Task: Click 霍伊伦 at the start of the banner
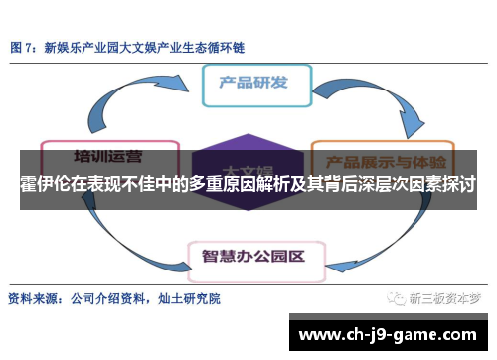46,185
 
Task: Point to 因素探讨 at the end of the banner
442,185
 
